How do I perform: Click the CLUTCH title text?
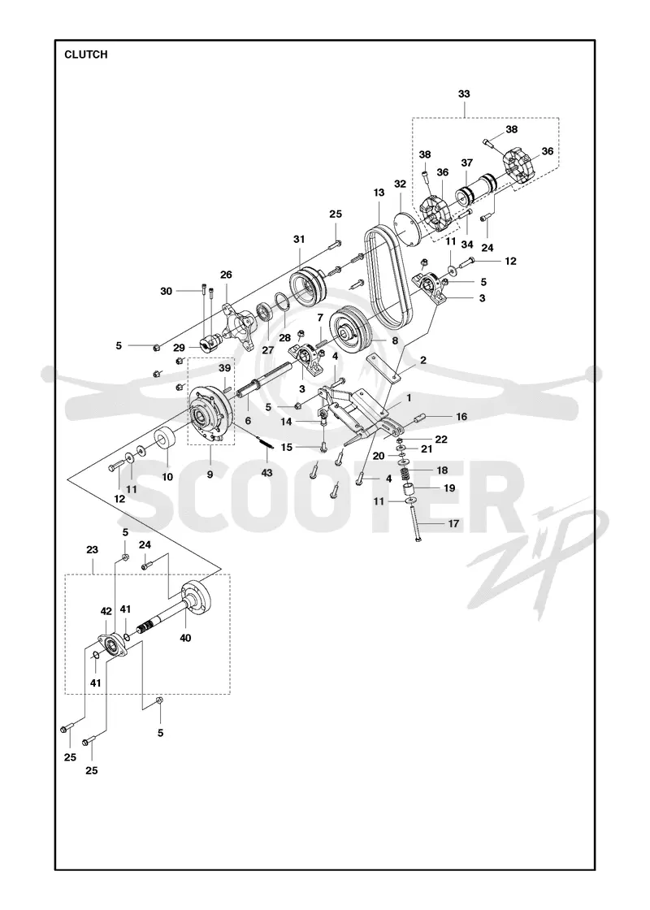click(86, 54)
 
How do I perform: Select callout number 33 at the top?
click(464, 93)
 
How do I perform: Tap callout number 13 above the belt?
click(379, 192)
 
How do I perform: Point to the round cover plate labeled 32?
click(407, 230)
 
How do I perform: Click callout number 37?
click(467, 163)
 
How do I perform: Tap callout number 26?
click(226, 274)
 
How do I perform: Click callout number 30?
click(167, 292)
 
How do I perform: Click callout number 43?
click(266, 473)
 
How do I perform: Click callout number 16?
click(461, 417)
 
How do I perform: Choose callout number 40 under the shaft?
click(185, 638)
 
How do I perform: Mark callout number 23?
click(92, 549)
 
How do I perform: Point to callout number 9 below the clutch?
click(210, 474)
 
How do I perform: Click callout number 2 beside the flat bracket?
click(423, 361)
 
